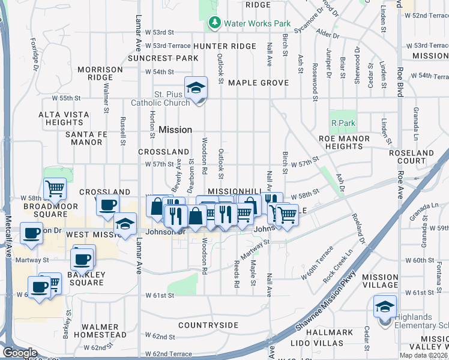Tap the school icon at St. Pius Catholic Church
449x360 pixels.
coord(196,89)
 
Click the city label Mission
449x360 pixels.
coord(175,130)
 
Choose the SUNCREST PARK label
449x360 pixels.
coord(163,58)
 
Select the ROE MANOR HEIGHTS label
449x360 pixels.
coord(349,142)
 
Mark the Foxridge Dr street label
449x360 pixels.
coord(34,53)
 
